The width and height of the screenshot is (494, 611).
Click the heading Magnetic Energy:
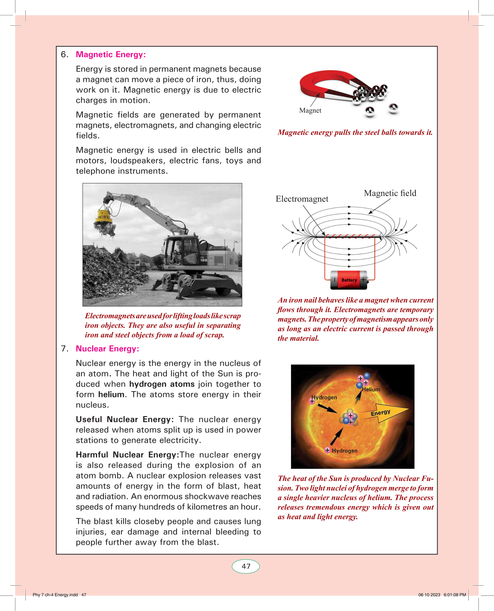pos(111,55)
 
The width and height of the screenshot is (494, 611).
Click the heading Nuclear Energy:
pos(107,349)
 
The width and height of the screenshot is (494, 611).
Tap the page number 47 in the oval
pos(246,567)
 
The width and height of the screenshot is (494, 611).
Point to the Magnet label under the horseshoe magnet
pos(310,111)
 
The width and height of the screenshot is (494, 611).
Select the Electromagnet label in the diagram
pos(302,199)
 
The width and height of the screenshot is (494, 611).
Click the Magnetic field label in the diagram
pos(390,193)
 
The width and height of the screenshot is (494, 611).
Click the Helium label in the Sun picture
pos(371,390)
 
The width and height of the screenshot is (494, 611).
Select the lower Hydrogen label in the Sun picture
pos(345,451)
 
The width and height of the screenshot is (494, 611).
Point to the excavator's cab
pos(181,250)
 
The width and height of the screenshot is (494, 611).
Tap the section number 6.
pos(64,55)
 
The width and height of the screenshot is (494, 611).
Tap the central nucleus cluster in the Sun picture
pos(349,418)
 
